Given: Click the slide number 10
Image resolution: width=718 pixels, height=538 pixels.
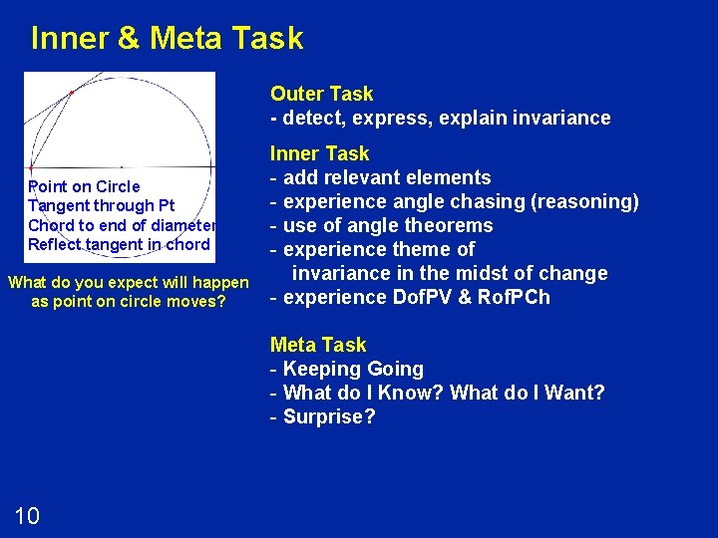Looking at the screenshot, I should tap(27, 515).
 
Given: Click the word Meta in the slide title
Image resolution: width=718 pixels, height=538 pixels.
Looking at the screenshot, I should tap(186, 39).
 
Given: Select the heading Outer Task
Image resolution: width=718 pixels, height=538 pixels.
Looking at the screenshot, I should tap(321, 94).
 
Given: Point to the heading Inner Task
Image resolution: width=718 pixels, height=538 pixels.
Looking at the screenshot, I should tap(319, 153).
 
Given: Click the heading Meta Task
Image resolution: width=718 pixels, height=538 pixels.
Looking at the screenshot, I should tap(318, 345).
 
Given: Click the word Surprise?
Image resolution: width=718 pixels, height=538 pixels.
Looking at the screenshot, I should tap(329, 416).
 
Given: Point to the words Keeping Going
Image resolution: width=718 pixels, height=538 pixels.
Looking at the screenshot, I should tap(353, 369).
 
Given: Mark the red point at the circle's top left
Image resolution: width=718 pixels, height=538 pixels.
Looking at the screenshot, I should tap(71, 93).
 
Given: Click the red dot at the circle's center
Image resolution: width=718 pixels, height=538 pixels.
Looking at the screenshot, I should tap(122, 166).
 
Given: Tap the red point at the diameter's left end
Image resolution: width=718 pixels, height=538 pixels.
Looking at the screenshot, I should tap(31, 166).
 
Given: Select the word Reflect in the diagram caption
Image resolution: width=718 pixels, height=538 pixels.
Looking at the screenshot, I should tap(56, 244).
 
